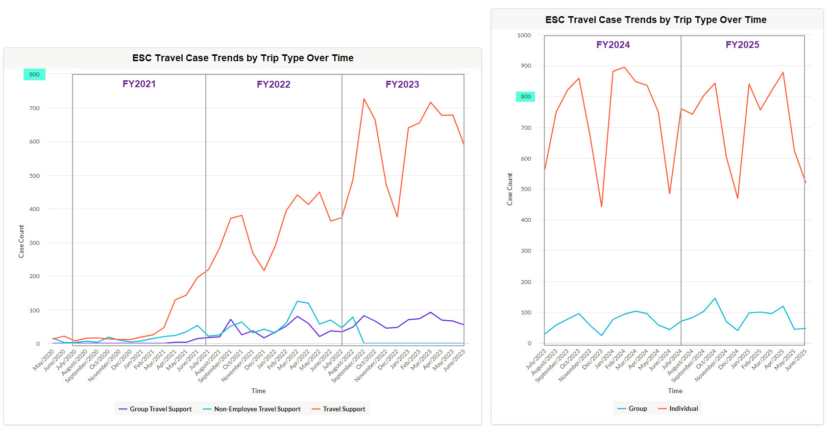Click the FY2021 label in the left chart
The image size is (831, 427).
pyautogui.click(x=139, y=84)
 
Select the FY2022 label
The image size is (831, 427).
pyautogui.click(x=273, y=85)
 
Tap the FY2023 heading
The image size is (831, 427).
pyautogui.click(x=402, y=85)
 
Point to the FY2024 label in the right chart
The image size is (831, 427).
pyautogui.click(x=613, y=45)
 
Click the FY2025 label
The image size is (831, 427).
pyautogui.click(x=742, y=45)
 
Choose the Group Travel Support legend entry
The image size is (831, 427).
pyautogui.click(x=155, y=409)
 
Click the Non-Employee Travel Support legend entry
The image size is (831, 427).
pyautogui.click(x=252, y=409)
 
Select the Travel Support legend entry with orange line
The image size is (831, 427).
pyautogui.click(x=339, y=409)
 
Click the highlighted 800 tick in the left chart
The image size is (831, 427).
pyautogui.click(x=34, y=74)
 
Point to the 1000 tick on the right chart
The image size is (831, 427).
pyautogui.click(x=524, y=35)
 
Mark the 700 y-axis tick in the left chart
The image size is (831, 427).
pyautogui.click(x=34, y=108)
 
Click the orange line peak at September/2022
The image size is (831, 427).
pyautogui.click(x=364, y=99)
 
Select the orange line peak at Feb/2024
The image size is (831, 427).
pyautogui.click(x=624, y=67)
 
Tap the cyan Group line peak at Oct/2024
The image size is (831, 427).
pyautogui.click(x=715, y=298)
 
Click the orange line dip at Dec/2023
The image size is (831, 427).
pyautogui.click(x=602, y=207)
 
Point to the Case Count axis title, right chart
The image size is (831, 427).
pyautogui.click(x=510, y=189)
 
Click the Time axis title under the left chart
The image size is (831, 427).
pyautogui.click(x=258, y=391)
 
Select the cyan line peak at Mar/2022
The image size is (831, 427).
pyautogui.click(x=297, y=301)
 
